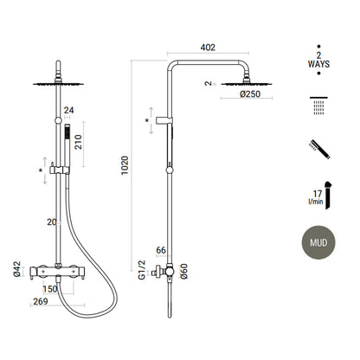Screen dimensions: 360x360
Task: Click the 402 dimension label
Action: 208,48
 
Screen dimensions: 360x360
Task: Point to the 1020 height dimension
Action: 125,165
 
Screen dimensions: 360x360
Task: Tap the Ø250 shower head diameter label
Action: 250,94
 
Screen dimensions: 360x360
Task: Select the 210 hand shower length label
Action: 79,142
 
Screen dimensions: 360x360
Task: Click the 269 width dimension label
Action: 41,301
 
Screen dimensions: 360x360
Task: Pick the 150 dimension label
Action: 50,289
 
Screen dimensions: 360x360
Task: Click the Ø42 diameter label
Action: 17,269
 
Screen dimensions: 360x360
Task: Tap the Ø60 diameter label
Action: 183,271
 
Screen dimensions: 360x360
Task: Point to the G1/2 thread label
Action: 142,270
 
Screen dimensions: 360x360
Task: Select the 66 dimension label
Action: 161,250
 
